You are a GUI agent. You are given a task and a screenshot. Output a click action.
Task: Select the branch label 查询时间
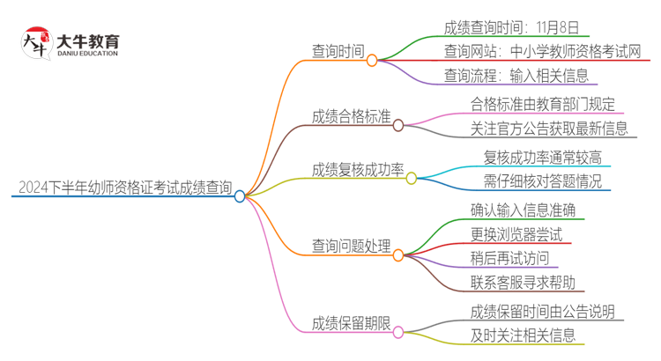point(338,51)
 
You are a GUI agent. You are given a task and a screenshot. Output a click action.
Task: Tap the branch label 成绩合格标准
point(352,117)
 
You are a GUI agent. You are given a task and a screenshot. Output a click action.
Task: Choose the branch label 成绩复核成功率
point(358,169)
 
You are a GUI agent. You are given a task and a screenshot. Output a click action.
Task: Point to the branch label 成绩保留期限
point(352,322)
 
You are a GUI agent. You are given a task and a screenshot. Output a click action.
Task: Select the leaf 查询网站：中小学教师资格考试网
point(543,51)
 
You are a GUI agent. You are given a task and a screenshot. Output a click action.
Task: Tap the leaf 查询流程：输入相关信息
point(516,76)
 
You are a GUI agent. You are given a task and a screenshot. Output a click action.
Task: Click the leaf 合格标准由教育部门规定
point(544,105)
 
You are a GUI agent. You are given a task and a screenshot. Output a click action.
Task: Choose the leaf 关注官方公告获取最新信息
point(549,129)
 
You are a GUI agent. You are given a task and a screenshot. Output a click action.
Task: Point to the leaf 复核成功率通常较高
point(543,158)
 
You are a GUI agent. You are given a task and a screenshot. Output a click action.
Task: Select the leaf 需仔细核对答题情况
point(543,181)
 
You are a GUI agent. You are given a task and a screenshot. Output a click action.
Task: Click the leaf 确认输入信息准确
point(524,210)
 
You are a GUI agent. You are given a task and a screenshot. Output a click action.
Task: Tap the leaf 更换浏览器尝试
point(516,234)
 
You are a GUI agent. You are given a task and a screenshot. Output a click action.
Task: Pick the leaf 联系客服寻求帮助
point(524,283)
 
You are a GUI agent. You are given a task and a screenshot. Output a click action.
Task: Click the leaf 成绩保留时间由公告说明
point(543,311)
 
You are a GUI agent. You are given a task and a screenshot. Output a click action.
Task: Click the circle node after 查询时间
point(372,61)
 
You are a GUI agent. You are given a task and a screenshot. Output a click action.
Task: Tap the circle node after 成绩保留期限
point(398,332)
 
